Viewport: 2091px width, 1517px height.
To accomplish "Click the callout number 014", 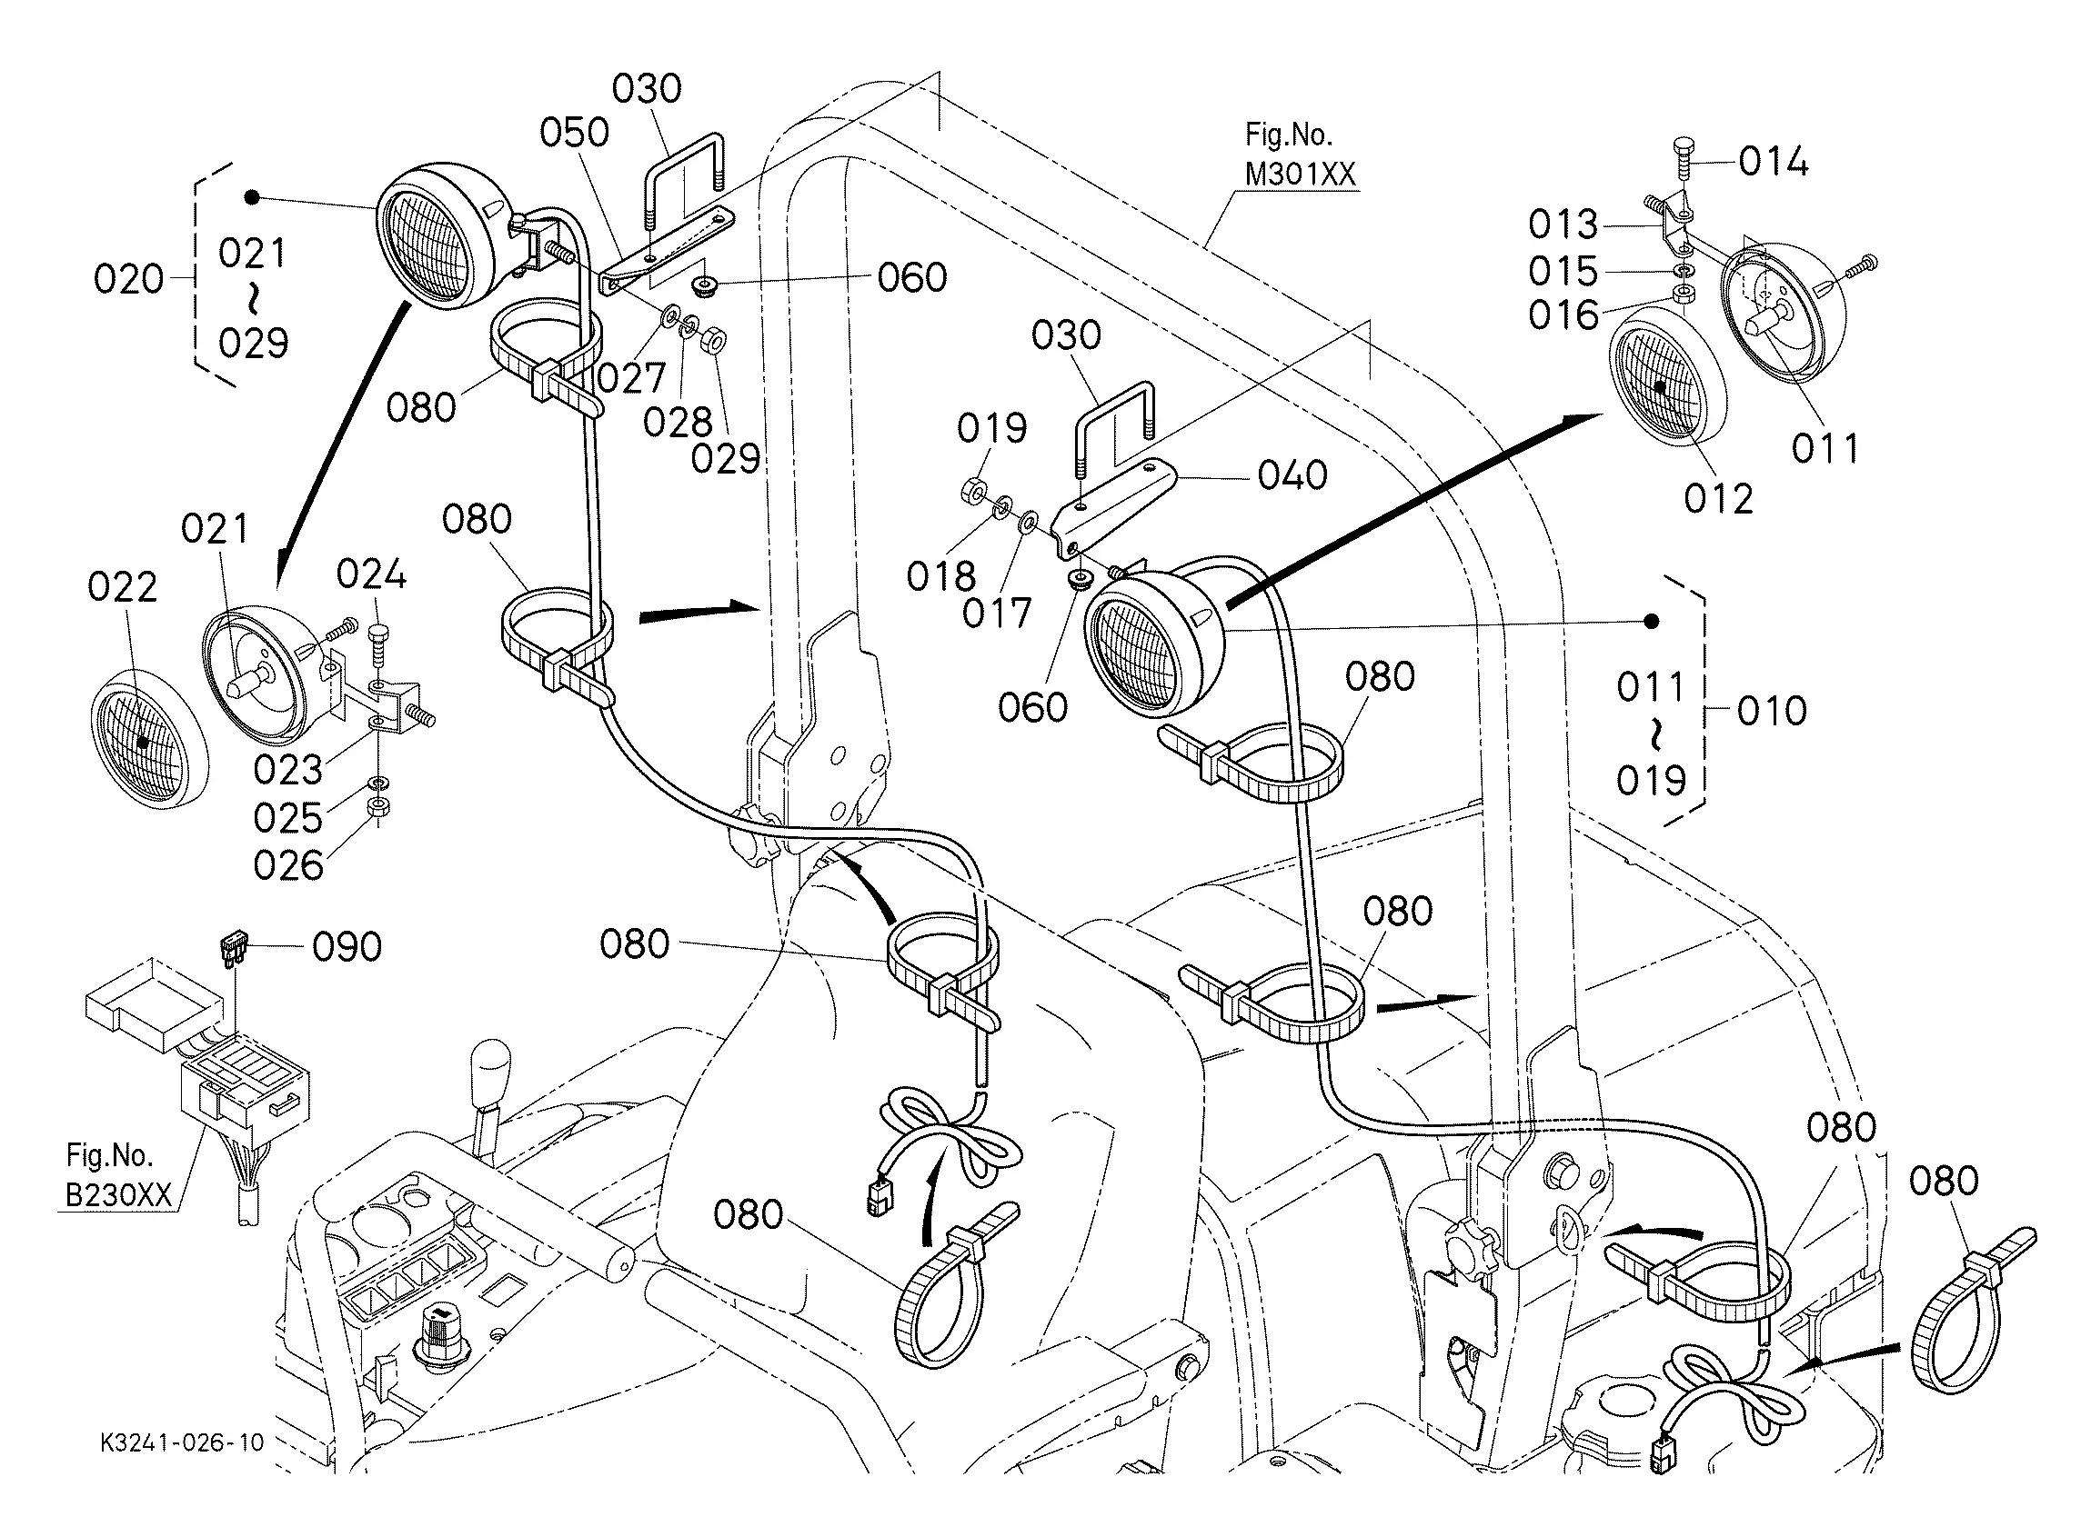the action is pos(1773,162).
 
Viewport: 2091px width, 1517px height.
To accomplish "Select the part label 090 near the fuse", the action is pos(347,946).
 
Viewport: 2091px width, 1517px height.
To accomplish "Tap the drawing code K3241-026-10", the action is pos(183,1442).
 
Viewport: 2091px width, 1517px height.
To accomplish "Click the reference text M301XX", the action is pos(1300,175).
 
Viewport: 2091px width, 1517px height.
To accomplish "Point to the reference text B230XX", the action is pos(119,1194).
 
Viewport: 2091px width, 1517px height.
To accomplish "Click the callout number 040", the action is pos(1292,475).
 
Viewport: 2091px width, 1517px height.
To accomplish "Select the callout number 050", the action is pos(575,133).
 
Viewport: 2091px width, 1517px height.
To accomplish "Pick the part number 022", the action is pos(123,587).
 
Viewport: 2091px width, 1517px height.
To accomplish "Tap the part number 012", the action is pos(1718,499).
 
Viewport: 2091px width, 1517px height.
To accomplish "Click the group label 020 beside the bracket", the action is pos(128,278).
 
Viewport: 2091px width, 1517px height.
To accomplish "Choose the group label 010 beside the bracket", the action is pos(1772,711).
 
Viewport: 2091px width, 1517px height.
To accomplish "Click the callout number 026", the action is pos(288,865).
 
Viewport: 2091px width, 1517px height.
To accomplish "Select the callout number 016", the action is pos(1563,315).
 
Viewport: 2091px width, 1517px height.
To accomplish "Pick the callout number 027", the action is pos(631,378).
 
